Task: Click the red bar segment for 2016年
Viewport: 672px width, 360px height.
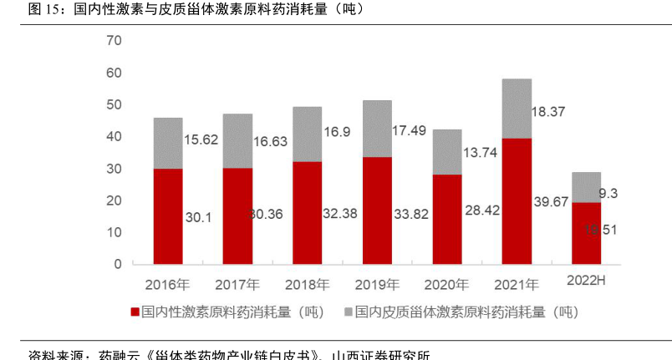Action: pyautogui.click(x=168, y=215)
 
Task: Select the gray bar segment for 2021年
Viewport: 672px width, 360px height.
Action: pyautogui.click(x=517, y=108)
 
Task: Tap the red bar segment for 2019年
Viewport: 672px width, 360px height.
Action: pyautogui.click(x=377, y=210)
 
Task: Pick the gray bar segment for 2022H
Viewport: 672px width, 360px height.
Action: pyautogui.click(x=586, y=187)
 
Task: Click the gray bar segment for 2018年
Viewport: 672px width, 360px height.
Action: pyautogui.click(x=307, y=134)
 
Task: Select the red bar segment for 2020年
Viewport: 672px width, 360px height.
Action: pyautogui.click(x=446, y=218)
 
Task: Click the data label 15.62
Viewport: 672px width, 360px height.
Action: pyautogui.click(x=201, y=139)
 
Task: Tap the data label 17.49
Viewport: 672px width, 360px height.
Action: pyautogui.click(x=410, y=131)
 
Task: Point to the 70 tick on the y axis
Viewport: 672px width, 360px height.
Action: pyautogui.click(x=114, y=40)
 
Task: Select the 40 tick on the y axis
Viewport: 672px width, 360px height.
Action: pyautogui.click(x=114, y=136)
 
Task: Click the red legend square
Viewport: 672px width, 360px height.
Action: pyautogui.click(x=135, y=312)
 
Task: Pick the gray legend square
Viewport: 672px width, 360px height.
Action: pyautogui.click(x=347, y=312)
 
